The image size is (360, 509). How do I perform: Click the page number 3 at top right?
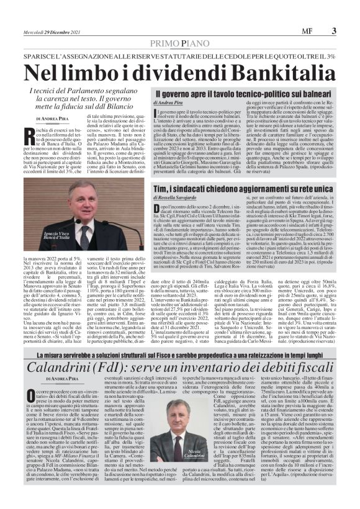tap(334, 30)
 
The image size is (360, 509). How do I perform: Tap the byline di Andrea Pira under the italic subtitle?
tap(53, 118)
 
